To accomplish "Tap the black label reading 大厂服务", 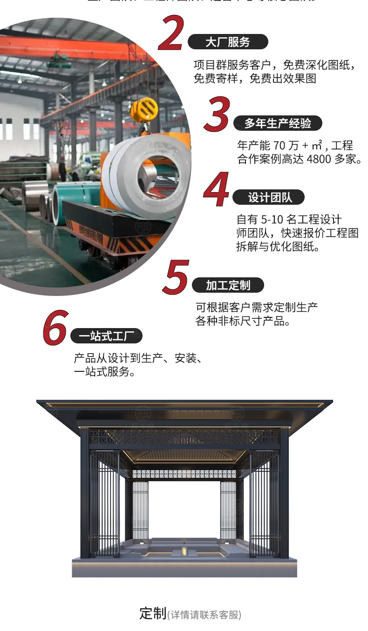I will point(228,42).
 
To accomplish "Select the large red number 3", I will point(218,114).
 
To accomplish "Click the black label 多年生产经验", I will point(277,123).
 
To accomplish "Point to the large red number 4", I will point(217,189).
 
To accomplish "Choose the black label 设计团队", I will point(270,197).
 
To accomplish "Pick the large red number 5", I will point(176,277).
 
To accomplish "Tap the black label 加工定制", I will point(228,285).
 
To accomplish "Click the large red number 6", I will point(55,328).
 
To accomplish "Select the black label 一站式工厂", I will point(106,336).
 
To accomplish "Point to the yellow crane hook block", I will point(144,110).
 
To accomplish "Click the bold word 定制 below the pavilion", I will point(153,613).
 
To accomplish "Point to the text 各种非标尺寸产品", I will point(242,321).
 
